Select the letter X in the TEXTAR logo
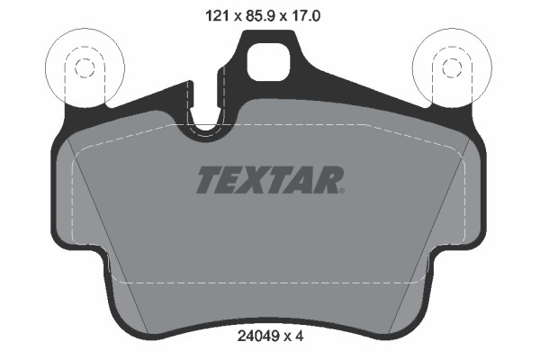pos(256,180)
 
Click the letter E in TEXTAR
pos(232,180)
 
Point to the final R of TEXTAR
pos(328,180)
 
